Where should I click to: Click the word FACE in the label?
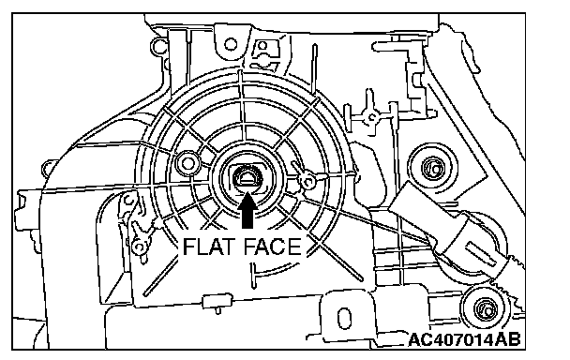(x=272, y=247)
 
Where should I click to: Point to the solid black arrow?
(x=247, y=210)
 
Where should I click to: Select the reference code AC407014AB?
(x=465, y=339)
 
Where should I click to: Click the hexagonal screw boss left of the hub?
(x=187, y=163)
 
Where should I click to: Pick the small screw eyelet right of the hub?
(x=308, y=181)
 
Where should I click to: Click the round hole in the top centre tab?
(x=231, y=44)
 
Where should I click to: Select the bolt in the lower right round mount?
(x=486, y=308)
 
